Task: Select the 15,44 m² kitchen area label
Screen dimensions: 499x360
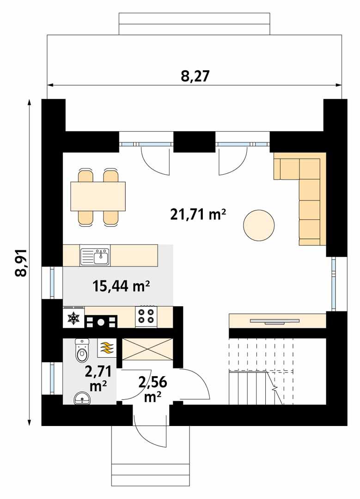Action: coord(121,287)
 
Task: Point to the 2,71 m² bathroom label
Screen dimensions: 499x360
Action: coord(96,377)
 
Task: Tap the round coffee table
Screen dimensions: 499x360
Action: coord(259,225)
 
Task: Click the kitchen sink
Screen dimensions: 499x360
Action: coord(95,256)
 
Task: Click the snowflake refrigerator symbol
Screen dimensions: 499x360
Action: coord(73,318)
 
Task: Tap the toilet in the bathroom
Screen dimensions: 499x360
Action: coord(82,351)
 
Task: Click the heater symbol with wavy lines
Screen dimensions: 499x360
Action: coord(107,347)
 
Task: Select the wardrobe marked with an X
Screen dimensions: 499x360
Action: coord(147,349)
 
